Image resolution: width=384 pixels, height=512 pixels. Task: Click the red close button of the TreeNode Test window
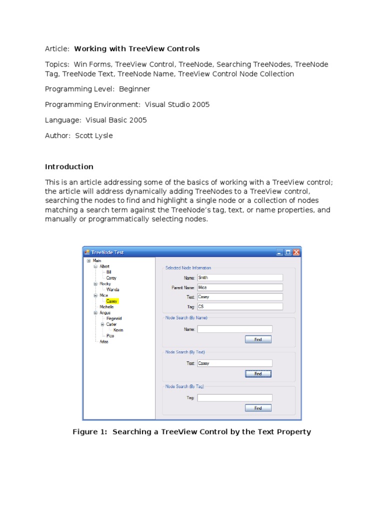296,252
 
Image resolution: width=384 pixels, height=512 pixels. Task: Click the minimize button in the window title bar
279,252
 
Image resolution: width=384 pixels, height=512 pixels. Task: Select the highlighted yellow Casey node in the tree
112,301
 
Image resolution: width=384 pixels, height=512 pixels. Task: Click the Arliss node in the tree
104,342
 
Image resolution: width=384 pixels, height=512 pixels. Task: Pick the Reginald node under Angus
114,318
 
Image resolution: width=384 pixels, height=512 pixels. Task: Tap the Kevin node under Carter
118,330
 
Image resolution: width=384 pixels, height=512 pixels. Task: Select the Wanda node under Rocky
113,289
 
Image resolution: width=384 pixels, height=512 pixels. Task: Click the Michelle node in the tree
106,307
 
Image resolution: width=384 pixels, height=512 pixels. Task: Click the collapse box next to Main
88,260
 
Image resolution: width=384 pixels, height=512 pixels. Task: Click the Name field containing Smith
240,277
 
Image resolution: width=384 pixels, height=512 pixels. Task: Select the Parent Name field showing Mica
240,287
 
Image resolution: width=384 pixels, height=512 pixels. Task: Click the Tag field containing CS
240,306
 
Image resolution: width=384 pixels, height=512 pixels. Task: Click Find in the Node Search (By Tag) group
258,408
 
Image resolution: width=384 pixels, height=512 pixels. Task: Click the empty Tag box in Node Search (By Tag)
234,398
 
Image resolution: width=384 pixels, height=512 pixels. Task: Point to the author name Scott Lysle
94,136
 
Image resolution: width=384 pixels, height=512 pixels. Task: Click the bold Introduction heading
69,167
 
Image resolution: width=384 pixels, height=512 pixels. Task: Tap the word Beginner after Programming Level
134,89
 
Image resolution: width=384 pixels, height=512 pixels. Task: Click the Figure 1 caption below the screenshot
192,432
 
